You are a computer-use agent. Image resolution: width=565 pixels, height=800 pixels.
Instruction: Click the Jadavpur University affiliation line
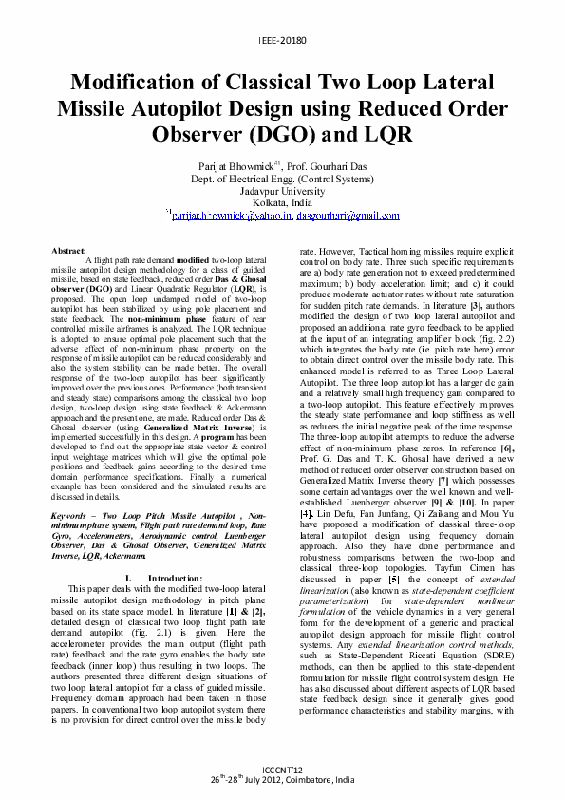tap(282, 190)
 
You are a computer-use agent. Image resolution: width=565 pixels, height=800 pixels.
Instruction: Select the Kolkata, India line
tap(282, 202)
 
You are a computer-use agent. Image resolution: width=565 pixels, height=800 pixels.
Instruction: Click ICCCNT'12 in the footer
tap(282, 771)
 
